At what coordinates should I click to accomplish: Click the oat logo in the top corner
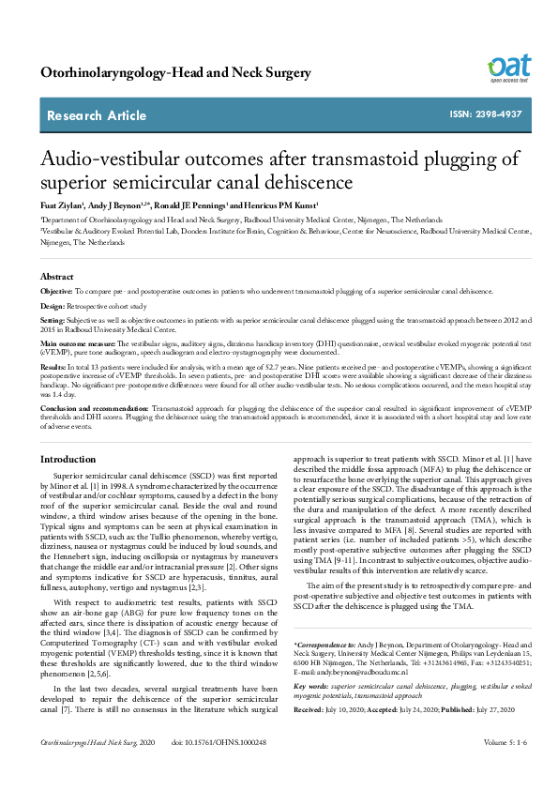[509, 68]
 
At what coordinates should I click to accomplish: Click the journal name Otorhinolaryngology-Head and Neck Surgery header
[175, 72]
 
